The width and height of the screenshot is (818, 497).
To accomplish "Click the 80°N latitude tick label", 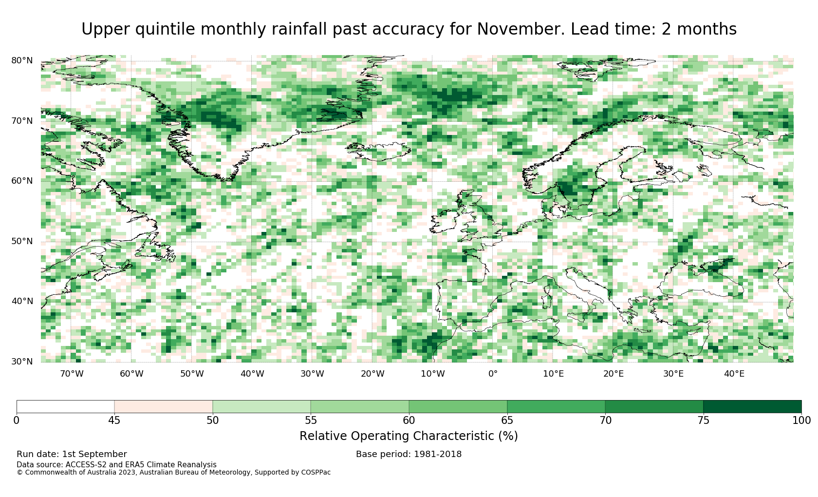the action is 22,60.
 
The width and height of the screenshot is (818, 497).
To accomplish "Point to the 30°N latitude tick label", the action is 22,362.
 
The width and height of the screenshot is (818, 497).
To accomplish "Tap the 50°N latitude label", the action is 22,241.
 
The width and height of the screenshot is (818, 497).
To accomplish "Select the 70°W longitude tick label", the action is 72,374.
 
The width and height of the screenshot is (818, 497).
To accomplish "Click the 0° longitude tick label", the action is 493,374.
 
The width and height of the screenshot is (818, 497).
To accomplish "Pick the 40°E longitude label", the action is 734,374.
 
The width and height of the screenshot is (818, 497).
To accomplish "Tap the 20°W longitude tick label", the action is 372,374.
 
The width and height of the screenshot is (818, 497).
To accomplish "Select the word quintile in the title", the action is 165,29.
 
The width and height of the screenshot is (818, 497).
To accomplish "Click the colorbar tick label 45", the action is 114,421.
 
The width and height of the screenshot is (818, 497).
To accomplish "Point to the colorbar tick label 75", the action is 703,421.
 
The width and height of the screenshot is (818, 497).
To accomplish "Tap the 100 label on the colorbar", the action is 801,421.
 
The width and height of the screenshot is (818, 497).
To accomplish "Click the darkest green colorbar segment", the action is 752,407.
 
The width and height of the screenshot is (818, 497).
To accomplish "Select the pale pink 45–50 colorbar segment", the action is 163,407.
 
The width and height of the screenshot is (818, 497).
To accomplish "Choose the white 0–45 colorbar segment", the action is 65,407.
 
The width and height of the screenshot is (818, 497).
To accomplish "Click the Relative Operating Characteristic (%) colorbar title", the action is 409,436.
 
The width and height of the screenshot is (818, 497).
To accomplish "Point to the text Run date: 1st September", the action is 72,454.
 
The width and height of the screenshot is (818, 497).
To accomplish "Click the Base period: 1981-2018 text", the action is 409,454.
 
